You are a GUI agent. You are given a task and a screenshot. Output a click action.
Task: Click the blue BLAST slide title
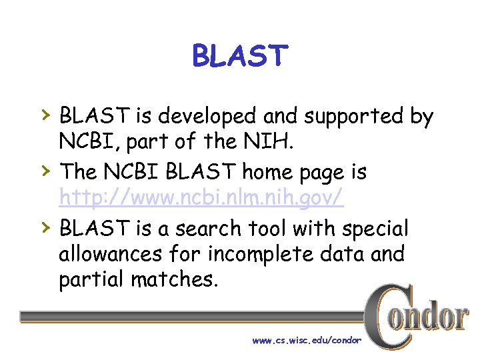(240, 56)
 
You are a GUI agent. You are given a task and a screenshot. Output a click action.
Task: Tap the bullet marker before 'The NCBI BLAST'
(44, 172)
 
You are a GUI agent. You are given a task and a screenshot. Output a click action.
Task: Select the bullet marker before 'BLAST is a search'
(44, 228)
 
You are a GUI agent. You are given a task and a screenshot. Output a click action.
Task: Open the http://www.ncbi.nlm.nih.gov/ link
(201, 199)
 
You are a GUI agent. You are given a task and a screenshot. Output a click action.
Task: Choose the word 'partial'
(91, 281)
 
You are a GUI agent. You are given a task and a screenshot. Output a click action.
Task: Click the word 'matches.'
(174, 280)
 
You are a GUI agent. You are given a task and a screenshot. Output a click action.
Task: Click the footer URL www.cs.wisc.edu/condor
(306, 341)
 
